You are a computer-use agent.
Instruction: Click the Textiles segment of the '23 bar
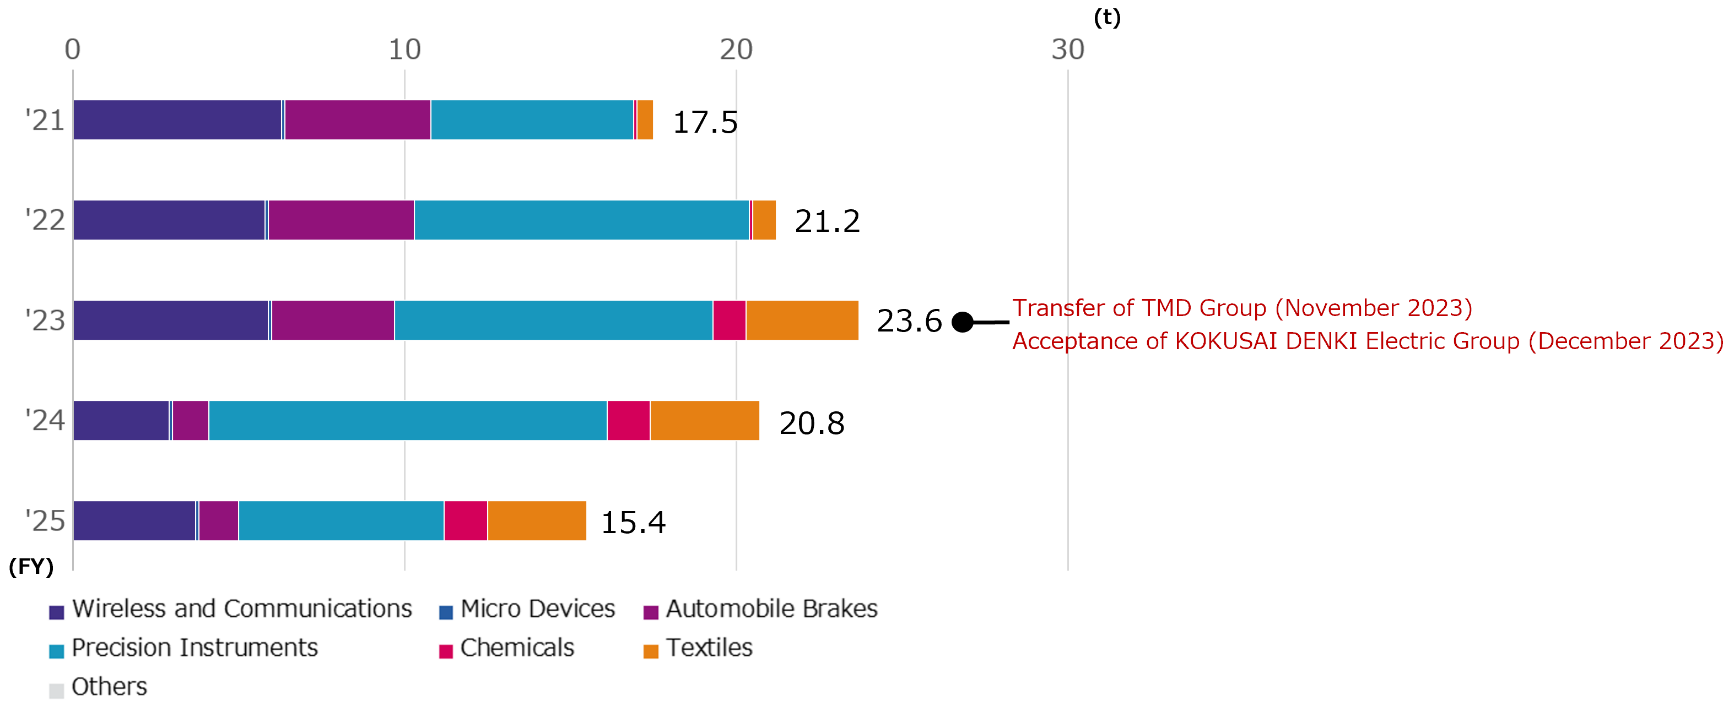(802, 320)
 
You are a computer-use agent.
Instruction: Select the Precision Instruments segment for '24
(408, 421)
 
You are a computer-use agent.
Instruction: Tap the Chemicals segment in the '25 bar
(466, 521)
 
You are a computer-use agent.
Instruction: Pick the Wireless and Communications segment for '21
(177, 120)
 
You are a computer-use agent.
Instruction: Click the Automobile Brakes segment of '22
(341, 220)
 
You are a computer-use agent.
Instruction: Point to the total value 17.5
(705, 122)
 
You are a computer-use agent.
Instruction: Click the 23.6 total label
(909, 321)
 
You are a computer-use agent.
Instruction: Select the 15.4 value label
(633, 522)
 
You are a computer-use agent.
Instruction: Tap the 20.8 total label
(811, 423)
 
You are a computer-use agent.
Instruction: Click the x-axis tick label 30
(1068, 49)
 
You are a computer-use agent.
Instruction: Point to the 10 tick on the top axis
(404, 49)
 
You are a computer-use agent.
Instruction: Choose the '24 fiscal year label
(45, 421)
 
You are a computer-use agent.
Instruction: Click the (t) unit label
(1106, 17)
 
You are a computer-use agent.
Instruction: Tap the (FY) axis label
(31, 567)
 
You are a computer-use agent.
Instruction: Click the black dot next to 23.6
(963, 322)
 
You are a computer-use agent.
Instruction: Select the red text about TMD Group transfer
(1242, 308)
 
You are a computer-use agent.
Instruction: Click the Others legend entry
(98, 687)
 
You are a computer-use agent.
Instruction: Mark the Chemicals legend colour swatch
(446, 651)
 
